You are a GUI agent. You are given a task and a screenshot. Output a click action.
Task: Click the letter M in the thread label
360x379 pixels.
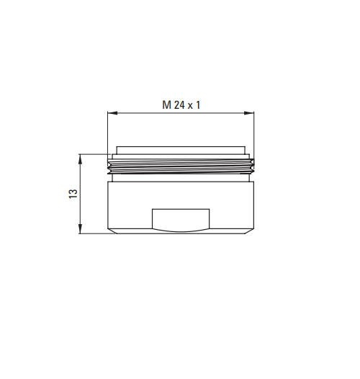pos(166,105)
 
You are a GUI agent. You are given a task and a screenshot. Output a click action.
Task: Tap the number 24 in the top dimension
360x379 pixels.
pos(179,105)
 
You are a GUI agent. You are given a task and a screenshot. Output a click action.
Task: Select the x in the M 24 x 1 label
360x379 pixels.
pos(190,106)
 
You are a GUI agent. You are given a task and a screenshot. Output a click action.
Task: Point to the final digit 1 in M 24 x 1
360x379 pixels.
pos(198,105)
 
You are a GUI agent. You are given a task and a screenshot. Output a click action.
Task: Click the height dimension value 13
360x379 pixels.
pos(73,194)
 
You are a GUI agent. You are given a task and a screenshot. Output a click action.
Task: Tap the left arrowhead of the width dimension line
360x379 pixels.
pos(112,113)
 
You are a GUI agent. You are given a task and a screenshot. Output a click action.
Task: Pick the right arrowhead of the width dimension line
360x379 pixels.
pos(249,113)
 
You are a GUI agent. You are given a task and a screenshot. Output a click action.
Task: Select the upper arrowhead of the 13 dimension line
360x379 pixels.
pos(81,159)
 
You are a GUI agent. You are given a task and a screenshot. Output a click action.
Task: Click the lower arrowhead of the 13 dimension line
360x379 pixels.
pos(81,228)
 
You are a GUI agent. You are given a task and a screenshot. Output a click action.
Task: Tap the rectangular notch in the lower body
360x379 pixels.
pos(181,218)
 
